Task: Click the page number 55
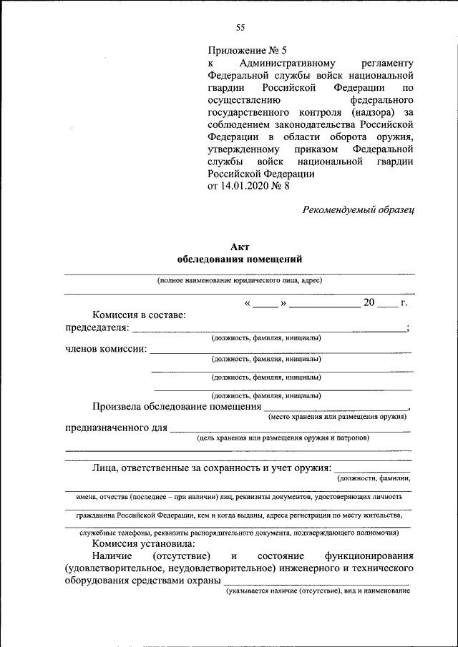[x=240, y=28]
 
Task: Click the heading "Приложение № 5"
[x=246, y=51]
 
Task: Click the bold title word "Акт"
[x=239, y=247]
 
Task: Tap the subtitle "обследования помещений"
[x=239, y=259]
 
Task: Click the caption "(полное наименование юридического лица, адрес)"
[x=240, y=281]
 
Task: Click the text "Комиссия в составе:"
[x=139, y=315]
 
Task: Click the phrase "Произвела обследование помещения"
[x=176, y=407]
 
